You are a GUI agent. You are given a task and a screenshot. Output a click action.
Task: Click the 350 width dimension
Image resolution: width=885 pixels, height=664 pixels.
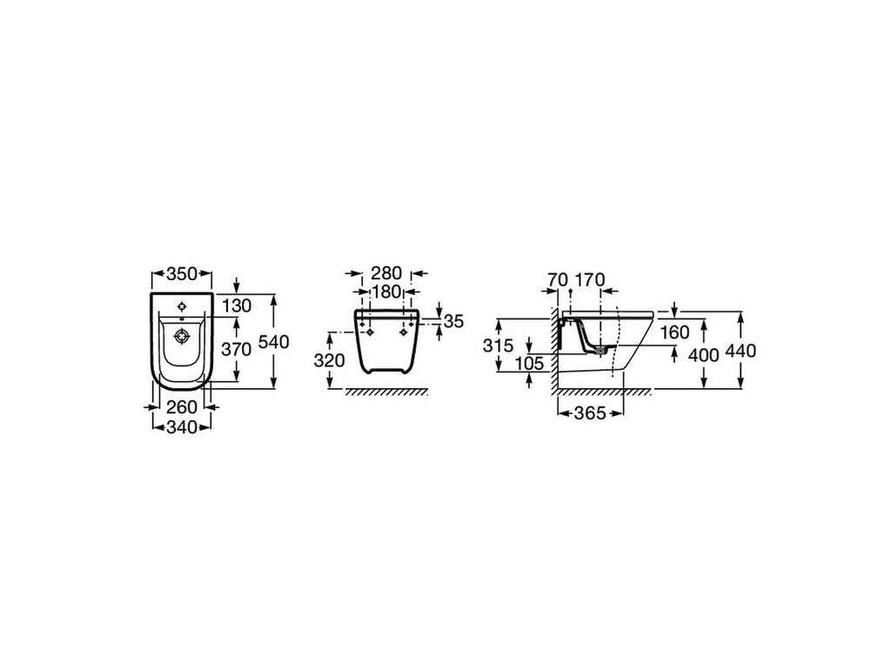182,274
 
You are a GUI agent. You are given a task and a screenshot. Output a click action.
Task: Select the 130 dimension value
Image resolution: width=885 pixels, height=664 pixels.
236,306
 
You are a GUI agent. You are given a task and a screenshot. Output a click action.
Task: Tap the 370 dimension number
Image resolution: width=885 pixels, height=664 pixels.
236,350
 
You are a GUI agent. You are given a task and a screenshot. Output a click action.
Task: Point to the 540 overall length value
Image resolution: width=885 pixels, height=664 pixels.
274,342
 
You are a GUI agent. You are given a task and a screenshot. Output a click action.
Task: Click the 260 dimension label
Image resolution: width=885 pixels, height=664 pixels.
182,406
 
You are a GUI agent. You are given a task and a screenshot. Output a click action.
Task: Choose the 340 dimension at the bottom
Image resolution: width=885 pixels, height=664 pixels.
182,427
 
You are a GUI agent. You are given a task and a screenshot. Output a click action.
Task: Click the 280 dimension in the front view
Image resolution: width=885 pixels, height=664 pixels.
386,273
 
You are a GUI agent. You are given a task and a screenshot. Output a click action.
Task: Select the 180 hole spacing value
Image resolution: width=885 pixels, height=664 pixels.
386,292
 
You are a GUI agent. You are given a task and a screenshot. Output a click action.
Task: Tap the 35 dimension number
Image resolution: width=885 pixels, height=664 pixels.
453,321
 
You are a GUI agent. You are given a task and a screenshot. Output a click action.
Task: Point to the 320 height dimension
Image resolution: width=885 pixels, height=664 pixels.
329,359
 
